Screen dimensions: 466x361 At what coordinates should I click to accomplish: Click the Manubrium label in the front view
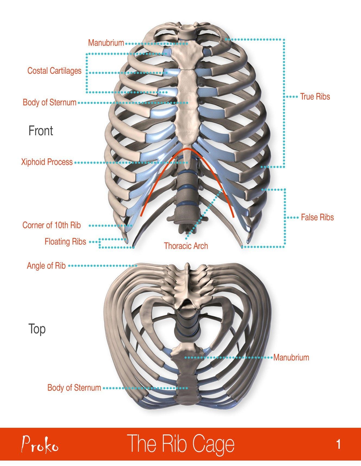pos(106,43)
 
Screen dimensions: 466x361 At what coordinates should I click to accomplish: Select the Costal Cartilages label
pos(54,71)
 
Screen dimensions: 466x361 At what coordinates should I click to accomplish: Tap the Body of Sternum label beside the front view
pos(49,102)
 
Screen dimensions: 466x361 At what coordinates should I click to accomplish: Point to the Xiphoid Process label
pos(47,162)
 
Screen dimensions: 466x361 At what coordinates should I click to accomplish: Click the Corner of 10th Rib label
pos(52,225)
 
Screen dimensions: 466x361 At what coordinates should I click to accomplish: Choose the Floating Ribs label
pos(65,242)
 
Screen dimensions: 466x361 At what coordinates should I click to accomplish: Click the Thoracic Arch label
pos(186,246)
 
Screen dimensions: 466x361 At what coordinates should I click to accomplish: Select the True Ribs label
pos(315,97)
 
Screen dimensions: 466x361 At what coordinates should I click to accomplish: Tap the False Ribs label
pos(317,217)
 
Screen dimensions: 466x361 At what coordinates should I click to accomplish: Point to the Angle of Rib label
pos(46,266)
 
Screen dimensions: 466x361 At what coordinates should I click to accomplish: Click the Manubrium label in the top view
pos(291,357)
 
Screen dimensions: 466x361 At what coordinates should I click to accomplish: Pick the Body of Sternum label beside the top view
pos(74,388)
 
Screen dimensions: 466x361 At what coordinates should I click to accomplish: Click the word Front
pos(41,131)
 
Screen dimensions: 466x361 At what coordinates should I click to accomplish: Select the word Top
pos(37,329)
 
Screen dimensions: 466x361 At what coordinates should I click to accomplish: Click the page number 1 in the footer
pos(338,445)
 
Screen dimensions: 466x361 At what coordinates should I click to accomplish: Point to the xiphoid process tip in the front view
pos(186,160)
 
